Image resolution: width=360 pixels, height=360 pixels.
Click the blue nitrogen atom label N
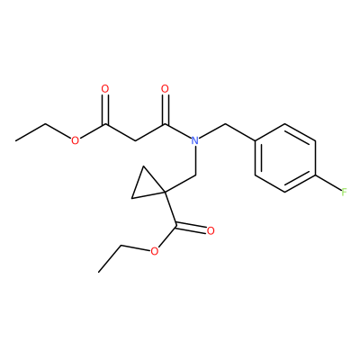[195, 140]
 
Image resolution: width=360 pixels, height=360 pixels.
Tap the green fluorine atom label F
[344, 192]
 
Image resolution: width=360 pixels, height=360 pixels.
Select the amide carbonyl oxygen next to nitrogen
[165, 89]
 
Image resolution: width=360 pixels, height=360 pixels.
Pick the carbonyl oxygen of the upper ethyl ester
[105, 89]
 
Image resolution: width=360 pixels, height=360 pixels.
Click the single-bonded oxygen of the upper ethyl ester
[75, 140]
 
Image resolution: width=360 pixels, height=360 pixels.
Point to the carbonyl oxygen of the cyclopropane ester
[211, 231]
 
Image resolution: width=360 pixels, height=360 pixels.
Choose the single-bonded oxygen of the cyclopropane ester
[154, 251]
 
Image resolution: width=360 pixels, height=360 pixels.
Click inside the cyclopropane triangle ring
[147, 185]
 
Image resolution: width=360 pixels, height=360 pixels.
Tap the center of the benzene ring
[285, 157]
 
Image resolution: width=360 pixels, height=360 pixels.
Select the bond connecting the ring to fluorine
[328, 183]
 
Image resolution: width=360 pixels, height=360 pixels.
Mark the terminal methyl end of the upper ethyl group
[15, 140]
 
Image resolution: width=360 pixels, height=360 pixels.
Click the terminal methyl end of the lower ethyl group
[98, 272]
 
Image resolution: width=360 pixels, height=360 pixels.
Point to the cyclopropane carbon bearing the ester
[166, 191]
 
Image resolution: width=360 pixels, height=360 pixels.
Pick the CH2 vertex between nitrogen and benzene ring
[225, 123]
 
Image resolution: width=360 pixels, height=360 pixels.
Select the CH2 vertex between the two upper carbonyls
[135, 140]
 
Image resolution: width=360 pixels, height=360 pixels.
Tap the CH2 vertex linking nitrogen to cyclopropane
[195, 175]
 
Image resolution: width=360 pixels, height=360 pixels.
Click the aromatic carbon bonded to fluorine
[315, 175]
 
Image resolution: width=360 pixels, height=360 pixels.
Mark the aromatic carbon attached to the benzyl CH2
[255, 140]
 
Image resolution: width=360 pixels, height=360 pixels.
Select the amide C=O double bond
[165, 109]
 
